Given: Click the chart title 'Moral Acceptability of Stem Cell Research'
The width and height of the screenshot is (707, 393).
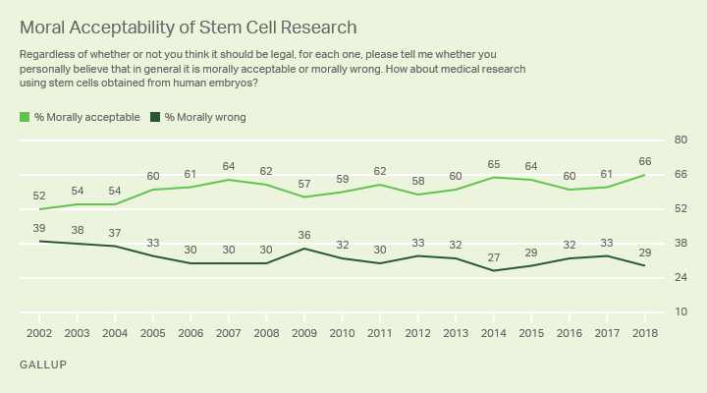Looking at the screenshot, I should coord(188,28).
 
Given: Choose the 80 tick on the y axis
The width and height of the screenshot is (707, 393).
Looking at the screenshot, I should coord(677,140).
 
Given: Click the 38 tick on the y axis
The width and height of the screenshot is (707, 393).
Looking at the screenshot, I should coord(677,244).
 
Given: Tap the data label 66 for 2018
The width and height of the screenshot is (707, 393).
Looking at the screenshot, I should coord(644,161).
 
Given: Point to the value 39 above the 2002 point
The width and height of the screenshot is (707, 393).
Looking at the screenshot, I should coord(40,227).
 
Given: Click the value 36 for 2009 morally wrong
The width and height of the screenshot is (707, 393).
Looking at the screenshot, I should coord(304,235).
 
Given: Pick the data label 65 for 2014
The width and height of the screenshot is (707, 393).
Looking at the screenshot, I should coord(493,163).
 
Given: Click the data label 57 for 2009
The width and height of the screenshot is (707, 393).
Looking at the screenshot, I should coord(304,184).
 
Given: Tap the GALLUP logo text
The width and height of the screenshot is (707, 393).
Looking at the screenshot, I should coord(42,365).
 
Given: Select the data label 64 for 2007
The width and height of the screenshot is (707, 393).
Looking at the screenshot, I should coord(229,166).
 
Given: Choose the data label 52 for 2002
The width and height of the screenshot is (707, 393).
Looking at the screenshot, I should coord(40,196).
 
